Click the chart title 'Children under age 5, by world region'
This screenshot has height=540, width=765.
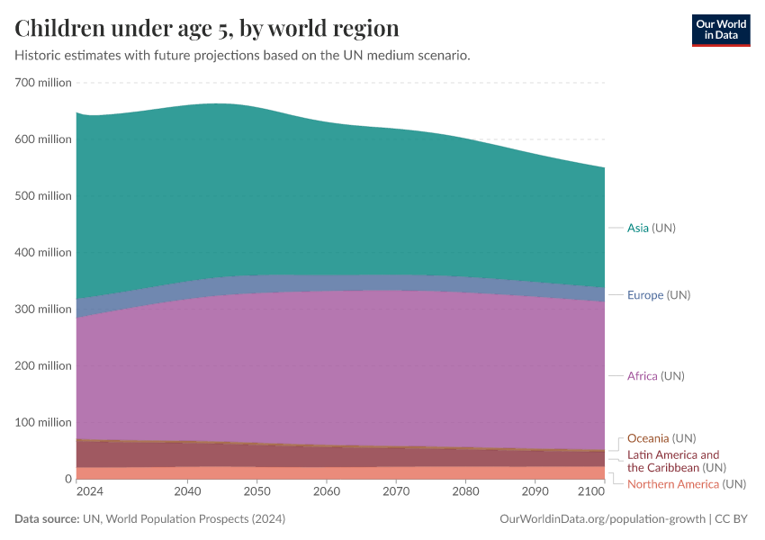(207, 27)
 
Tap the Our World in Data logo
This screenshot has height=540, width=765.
(720, 30)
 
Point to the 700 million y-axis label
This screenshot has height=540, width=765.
(42, 83)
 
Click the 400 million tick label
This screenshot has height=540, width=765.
(42, 252)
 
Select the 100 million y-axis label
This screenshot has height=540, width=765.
(42, 422)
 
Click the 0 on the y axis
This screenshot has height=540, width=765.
(67, 479)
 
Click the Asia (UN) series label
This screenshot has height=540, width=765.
(651, 228)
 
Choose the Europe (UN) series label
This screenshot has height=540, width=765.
(658, 295)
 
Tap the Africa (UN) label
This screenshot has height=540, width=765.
(655, 375)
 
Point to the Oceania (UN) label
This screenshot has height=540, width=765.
(661, 438)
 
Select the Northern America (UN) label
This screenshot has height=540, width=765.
(686, 484)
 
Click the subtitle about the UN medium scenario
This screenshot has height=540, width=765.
(242, 55)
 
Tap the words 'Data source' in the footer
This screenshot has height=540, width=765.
(46, 519)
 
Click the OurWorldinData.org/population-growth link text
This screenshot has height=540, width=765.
(601, 519)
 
